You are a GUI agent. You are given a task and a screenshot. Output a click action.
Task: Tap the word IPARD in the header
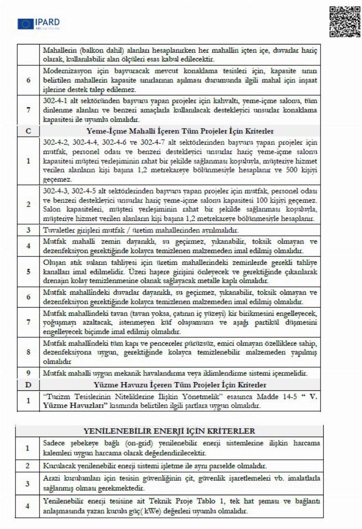(x=47, y=21)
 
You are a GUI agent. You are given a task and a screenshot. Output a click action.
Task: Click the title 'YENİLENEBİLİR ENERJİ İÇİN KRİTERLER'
(x=177, y=430)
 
